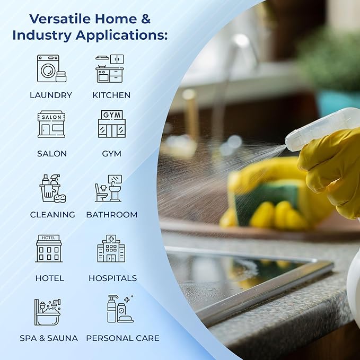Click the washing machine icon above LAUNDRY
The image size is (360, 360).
point(51,68)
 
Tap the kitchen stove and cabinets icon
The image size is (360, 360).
point(110,68)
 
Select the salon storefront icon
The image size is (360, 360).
point(51,124)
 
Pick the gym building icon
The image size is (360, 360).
point(112,124)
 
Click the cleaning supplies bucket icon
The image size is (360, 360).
point(52,189)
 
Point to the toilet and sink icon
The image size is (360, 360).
point(109,188)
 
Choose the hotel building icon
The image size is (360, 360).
point(49,249)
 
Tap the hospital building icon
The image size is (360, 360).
point(111,249)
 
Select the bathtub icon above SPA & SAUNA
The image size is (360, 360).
point(48,312)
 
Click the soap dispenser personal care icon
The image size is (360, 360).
point(120,309)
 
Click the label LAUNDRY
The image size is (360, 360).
point(51,95)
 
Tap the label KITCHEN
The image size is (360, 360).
point(111,95)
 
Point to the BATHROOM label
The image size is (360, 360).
point(112,215)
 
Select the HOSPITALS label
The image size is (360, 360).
point(113,278)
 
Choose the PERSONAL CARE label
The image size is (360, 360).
point(122,338)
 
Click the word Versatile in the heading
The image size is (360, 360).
point(60,19)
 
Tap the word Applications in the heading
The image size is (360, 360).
point(122,36)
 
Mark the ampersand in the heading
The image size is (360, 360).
point(146,19)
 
